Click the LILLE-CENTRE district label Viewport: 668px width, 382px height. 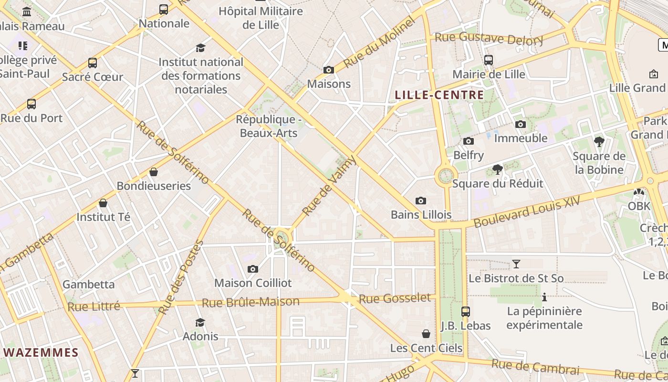pyautogui.click(x=439, y=95)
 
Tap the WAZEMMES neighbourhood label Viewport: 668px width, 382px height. pyautogui.click(x=41, y=353)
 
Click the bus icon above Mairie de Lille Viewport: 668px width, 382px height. pyautogui.click(x=488, y=60)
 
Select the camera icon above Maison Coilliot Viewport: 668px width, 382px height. pyautogui.click(x=253, y=269)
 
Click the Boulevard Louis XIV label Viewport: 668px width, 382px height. pyautogui.click(x=527, y=212)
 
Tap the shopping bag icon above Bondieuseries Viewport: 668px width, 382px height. pyautogui.click(x=154, y=172)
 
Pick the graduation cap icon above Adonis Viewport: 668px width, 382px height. pyautogui.click(x=200, y=323)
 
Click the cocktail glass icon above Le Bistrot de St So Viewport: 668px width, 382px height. pyautogui.click(x=516, y=264)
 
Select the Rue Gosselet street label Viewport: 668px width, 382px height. pyautogui.click(x=395, y=299)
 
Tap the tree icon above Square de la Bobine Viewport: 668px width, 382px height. pyautogui.click(x=599, y=142)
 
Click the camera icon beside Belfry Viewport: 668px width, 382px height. pyautogui.click(x=469, y=141)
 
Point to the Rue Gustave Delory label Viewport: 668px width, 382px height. pyautogui.click(x=489, y=38)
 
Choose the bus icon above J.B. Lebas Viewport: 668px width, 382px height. pyautogui.click(x=466, y=312)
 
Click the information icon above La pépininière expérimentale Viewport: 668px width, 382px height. pyautogui.click(x=544, y=297)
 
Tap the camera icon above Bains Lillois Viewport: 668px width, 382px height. pyautogui.click(x=420, y=201)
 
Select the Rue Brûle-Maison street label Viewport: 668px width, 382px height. pyautogui.click(x=250, y=302)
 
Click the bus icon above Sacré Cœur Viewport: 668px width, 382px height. pyautogui.click(x=93, y=63)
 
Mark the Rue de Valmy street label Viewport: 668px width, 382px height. pyautogui.click(x=329, y=185)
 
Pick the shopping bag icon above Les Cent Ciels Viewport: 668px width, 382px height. pyautogui.click(x=426, y=334)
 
